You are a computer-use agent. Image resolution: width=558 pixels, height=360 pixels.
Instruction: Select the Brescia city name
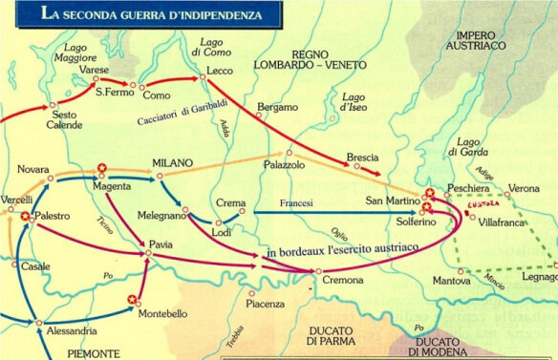pyautogui.click(x=362, y=157)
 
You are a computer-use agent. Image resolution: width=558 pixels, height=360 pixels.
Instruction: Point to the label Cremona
pyautogui.click(x=342, y=281)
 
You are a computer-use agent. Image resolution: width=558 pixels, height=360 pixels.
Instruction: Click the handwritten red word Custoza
pyautogui.click(x=480, y=203)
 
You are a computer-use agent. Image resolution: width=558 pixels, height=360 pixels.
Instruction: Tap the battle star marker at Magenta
pyautogui.click(x=101, y=169)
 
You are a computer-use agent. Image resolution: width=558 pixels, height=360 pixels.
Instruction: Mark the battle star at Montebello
pyautogui.click(x=132, y=299)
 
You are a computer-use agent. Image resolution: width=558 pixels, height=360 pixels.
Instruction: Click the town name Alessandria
pyautogui.click(x=69, y=331)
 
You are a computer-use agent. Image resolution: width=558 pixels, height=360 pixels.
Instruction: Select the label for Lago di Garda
pyautogui.click(x=466, y=148)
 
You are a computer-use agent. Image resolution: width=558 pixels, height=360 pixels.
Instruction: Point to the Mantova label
pyautogui.click(x=451, y=282)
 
